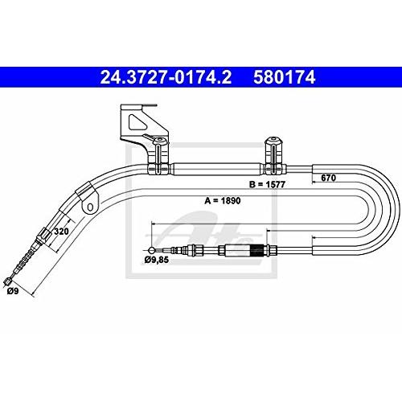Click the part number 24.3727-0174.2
click(166, 77)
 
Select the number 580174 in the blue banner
click(285, 77)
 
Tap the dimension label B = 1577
click(267, 184)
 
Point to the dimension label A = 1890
click(223, 200)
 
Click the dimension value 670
click(328, 178)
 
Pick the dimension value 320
click(61, 231)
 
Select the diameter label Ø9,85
click(157, 260)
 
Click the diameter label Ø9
click(13, 291)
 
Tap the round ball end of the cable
click(151, 250)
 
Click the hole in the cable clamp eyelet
click(90, 207)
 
